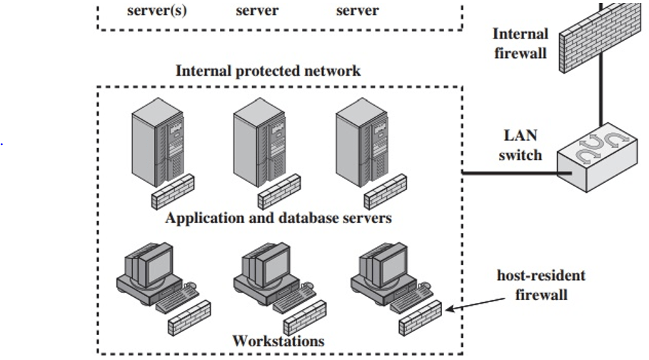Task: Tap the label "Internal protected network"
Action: (x=268, y=71)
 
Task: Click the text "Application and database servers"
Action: (x=278, y=219)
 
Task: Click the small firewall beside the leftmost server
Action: (x=172, y=189)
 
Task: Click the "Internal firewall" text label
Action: (x=521, y=43)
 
